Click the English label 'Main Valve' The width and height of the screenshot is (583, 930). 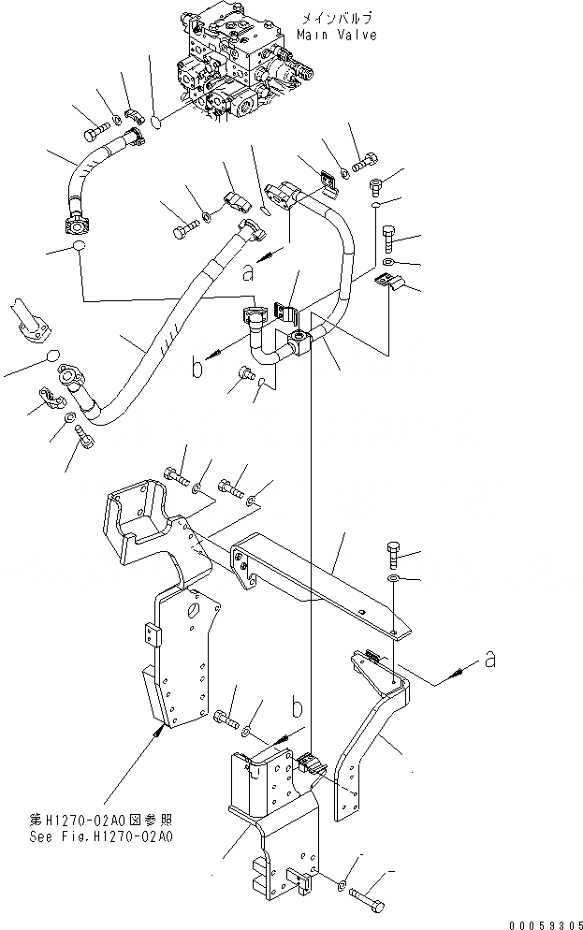[337, 35]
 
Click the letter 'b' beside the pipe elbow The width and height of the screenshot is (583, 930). [197, 368]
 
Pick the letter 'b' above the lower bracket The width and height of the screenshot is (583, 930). [295, 705]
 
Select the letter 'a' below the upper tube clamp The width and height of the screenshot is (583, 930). [247, 271]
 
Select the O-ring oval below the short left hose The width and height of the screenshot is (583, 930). [76, 248]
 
